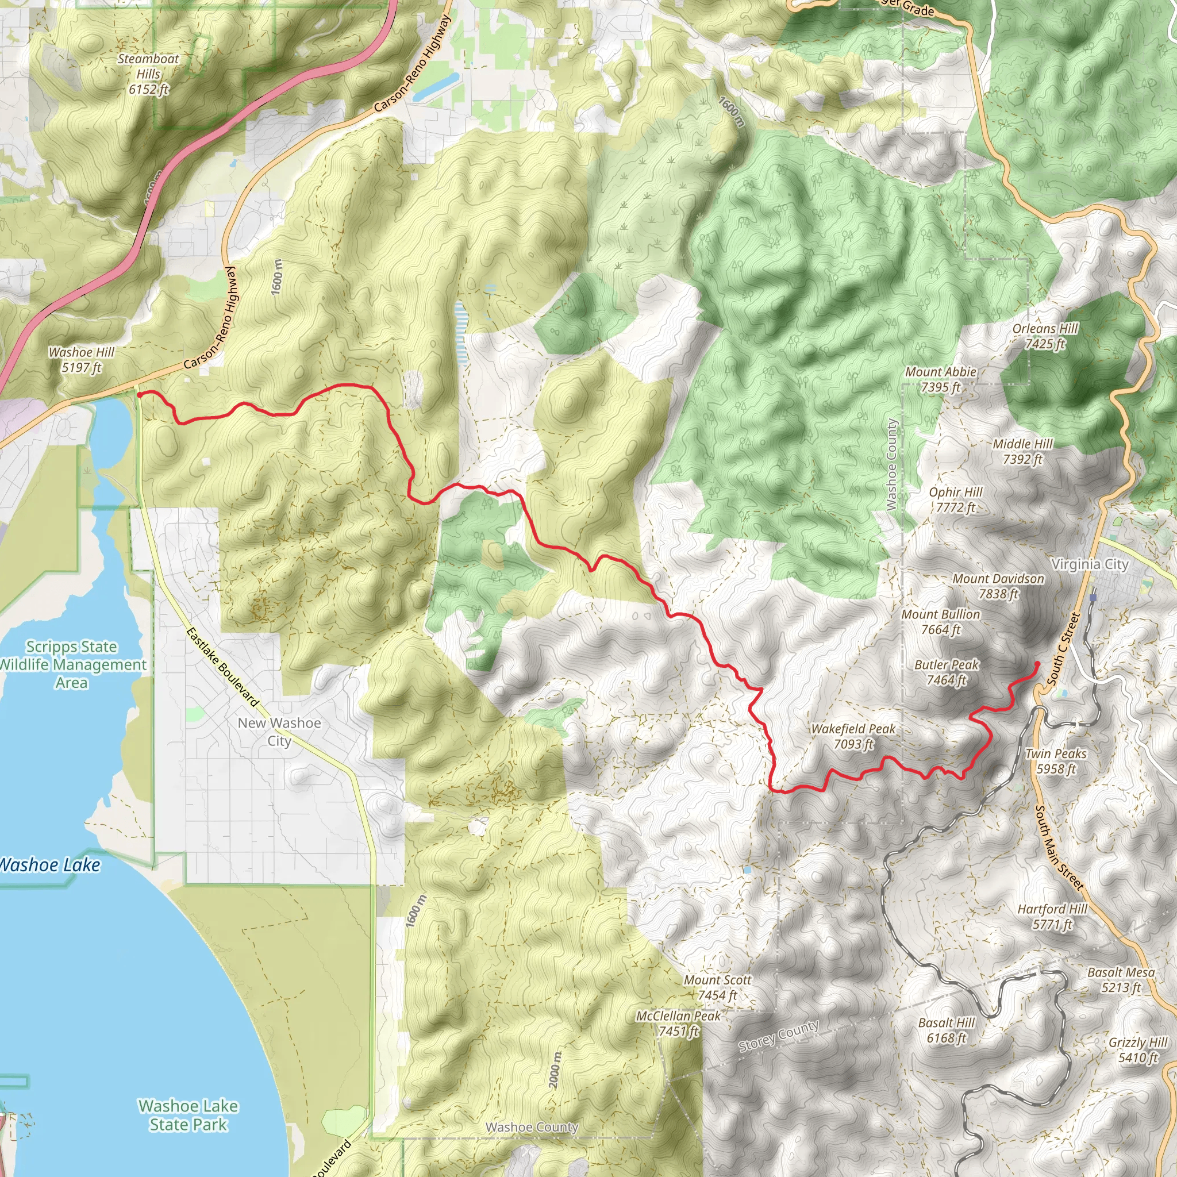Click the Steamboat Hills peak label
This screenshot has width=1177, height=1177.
149,74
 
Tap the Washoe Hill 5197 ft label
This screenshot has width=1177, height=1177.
82,359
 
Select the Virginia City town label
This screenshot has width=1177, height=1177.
1090,564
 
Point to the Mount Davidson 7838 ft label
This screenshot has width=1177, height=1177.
998,586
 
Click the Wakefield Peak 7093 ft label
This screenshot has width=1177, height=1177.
853,736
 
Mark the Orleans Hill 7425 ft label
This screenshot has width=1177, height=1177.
1045,336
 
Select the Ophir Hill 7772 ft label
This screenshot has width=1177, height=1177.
955,499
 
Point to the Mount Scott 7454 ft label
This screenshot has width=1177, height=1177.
717,987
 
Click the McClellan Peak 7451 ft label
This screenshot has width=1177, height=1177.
678,1023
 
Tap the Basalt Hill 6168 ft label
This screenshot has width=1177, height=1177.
946,1030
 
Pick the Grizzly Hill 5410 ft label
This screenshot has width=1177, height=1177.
1137,1049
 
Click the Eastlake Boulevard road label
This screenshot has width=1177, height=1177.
222,667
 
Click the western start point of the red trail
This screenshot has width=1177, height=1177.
140,395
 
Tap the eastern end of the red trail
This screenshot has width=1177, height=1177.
1037,663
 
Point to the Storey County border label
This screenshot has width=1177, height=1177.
779,1036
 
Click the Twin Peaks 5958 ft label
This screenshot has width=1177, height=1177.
1056,761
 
